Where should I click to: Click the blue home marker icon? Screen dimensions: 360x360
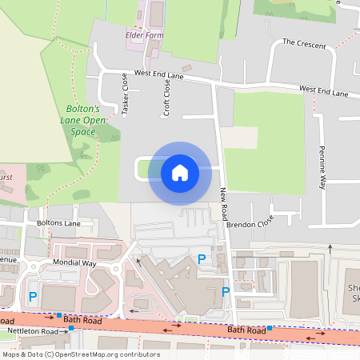(180, 172)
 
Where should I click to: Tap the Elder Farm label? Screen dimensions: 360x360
(145, 35)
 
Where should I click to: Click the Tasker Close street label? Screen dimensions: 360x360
(125, 94)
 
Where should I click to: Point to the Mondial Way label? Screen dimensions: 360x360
(75, 262)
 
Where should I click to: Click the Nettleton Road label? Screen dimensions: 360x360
(32, 330)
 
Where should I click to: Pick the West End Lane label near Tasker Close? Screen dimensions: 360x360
(159, 74)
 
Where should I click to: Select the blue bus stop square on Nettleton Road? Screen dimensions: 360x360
(71, 328)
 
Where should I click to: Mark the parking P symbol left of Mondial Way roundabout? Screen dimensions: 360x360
(33, 297)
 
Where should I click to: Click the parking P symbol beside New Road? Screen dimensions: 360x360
(226, 292)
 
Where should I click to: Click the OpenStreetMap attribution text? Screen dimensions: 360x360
(81, 354)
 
